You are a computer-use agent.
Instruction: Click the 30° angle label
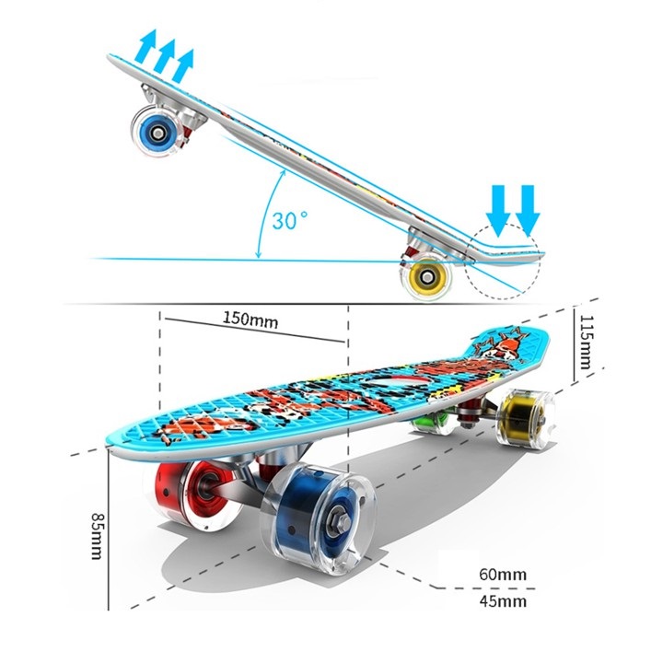tap(290, 220)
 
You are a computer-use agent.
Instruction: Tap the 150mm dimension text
tap(250, 320)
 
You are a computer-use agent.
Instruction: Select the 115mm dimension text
tap(586, 342)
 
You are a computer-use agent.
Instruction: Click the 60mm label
tap(503, 575)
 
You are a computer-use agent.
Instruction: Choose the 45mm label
tap(503, 600)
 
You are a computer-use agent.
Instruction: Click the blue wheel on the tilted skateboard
tap(157, 132)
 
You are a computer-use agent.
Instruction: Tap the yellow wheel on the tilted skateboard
tap(425, 276)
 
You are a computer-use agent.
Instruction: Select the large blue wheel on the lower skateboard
tap(318, 518)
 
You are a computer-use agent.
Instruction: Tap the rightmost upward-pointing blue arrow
tap(183, 65)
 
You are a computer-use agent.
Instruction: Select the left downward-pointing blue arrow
tap(498, 211)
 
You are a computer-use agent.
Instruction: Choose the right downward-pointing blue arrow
tap(528, 211)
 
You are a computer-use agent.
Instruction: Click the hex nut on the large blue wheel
tap(342, 523)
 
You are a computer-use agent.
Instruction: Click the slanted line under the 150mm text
tap(255, 330)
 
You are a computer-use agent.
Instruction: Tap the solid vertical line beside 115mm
tap(574, 344)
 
